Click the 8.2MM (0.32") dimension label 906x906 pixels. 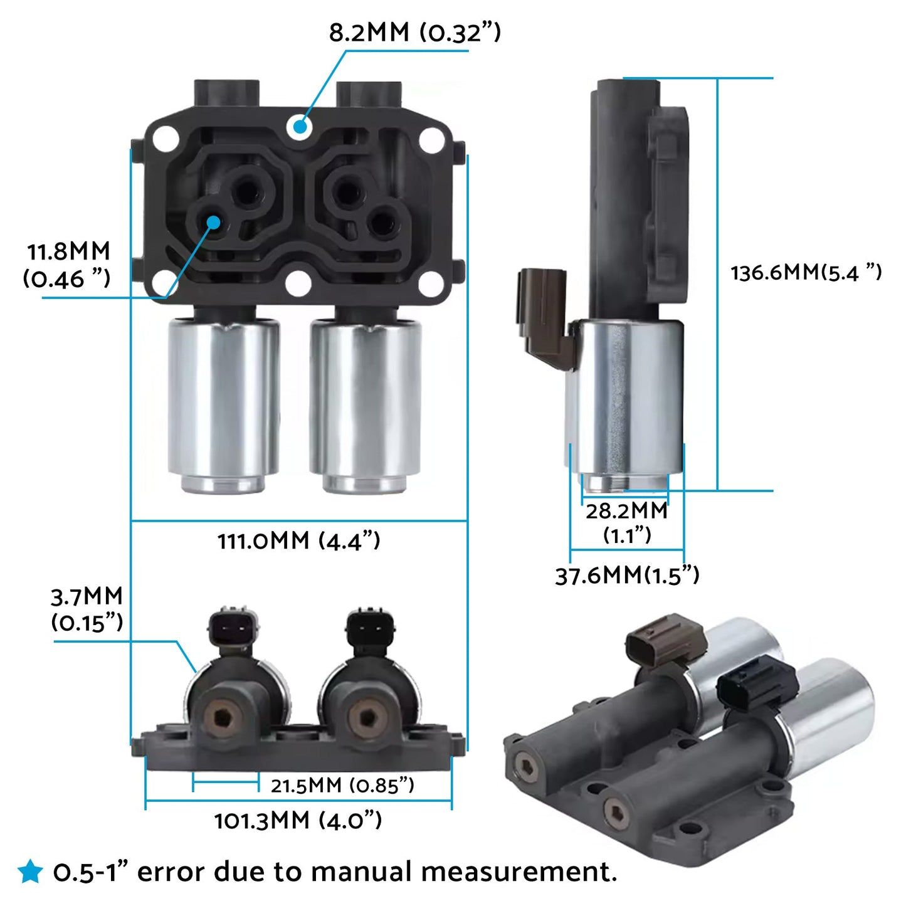tap(414, 32)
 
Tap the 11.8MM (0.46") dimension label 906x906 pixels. tap(68, 265)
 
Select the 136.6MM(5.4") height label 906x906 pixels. tap(806, 272)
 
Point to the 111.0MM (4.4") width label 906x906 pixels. tap(298, 540)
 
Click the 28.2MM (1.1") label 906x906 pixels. tap(626, 522)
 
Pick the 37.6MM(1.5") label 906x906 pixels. tap(626, 575)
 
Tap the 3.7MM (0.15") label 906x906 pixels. tap(87, 609)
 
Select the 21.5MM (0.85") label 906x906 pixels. tap(342, 785)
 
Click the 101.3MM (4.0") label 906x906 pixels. tap(298, 820)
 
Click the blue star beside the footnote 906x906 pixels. tap(29, 872)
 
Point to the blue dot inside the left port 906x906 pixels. tap(214, 222)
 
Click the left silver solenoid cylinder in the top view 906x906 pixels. tap(224, 401)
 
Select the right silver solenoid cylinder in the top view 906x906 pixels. tap(365, 401)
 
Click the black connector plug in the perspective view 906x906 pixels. tap(757, 682)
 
